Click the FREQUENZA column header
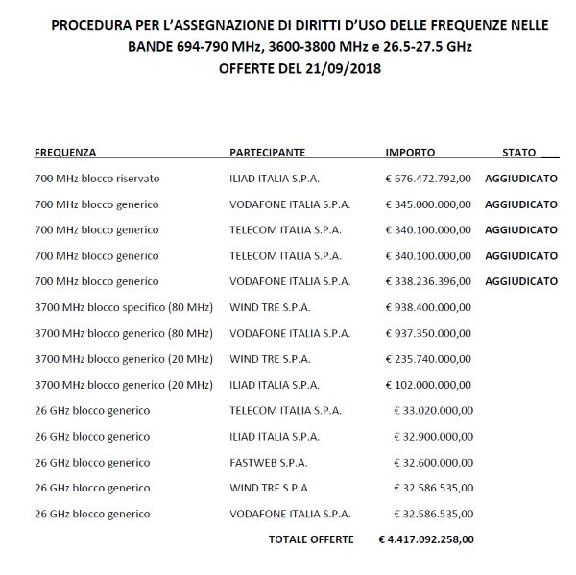pyautogui.click(x=65, y=153)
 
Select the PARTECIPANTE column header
pyautogui.click(x=268, y=153)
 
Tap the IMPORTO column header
pyautogui.click(x=410, y=153)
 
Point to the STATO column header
pyautogui.click(x=519, y=153)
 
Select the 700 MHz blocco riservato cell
pyautogui.click(x=97, y=179)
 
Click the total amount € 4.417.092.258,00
pyautogui.click(x=426, y=539)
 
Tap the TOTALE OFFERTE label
pyautogui.click(x=311, y=539)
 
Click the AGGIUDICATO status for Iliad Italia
pyautogui.click(x=521, y=179)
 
